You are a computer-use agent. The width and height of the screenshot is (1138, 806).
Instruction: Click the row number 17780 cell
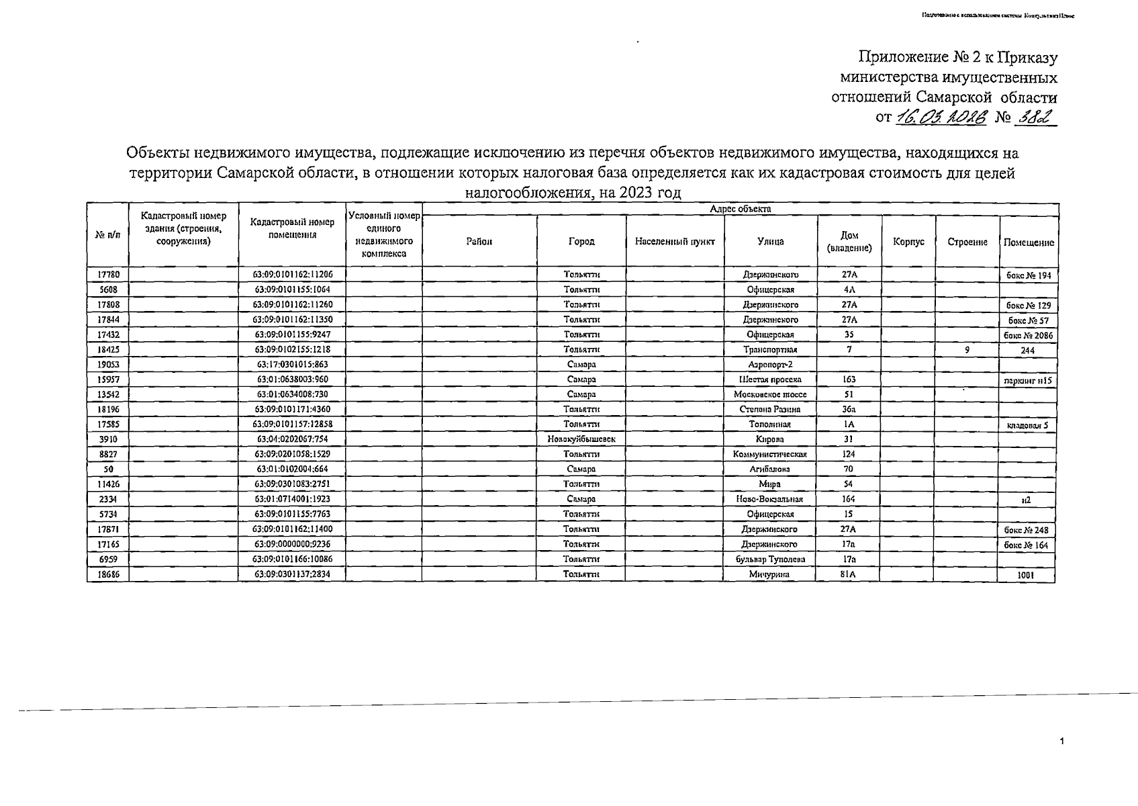[108, 275]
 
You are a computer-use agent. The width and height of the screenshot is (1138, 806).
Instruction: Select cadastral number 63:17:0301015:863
[292, 365]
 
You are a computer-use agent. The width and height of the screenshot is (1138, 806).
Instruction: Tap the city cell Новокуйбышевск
[581, 439]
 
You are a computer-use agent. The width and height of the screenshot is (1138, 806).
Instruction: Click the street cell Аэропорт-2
[770, 365]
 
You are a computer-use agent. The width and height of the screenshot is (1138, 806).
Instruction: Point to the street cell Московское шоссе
[770, 394]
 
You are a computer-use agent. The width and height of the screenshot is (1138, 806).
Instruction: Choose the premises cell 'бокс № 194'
[1027, 275]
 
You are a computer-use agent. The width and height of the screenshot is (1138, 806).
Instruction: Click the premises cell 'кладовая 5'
[1027, 425]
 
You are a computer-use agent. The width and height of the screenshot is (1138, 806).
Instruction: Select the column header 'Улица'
[770, 242]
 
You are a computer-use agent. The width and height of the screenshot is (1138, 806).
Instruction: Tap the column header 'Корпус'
[908, 242]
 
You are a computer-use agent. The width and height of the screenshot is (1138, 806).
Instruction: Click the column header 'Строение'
[967, 242]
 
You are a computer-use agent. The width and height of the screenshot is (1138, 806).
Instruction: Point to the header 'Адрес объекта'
[741, 209]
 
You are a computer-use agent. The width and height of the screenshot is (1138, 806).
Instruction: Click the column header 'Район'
[479, 242]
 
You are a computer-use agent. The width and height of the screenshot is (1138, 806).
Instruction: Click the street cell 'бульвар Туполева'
[770, 559]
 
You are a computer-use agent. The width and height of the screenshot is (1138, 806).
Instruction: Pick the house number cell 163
[849, 379]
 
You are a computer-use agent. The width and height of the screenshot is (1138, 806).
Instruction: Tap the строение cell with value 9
[967, 349]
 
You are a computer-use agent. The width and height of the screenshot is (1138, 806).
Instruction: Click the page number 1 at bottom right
[1061, 742]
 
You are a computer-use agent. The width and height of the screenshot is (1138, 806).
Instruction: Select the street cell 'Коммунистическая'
[770, 454]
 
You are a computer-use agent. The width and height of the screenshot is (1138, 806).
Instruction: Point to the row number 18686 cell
[108, 574]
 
